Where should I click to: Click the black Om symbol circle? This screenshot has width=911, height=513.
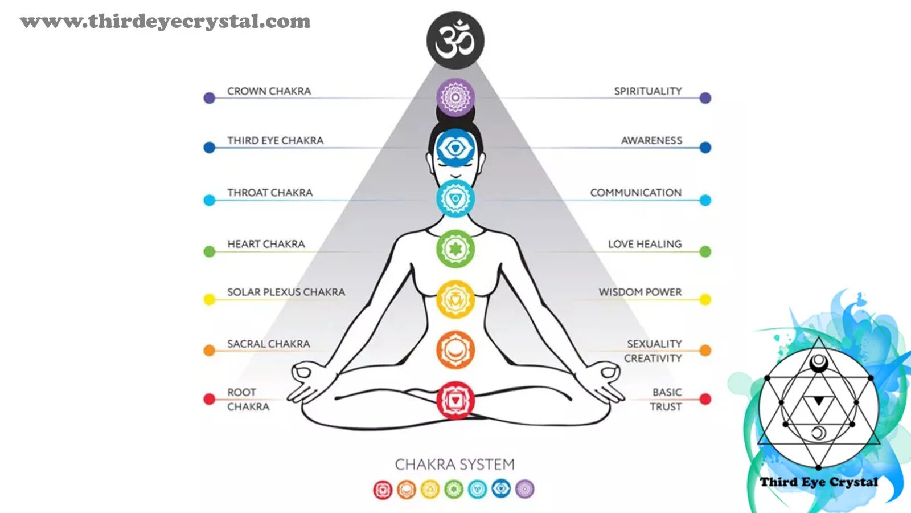point(455,40)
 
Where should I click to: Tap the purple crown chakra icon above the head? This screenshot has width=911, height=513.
point(455,97)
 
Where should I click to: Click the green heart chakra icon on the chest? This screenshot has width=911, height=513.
point(455,249)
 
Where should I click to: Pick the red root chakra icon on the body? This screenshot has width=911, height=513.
point(455,400)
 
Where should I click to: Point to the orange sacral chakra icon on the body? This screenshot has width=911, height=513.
point(455,350)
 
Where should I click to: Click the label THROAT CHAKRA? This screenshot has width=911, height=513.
point(270,193)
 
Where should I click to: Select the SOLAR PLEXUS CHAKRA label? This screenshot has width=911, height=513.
point(286,292)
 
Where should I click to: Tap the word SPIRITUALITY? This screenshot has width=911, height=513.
point(647,91)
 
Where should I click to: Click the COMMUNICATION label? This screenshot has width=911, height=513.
point(635,193)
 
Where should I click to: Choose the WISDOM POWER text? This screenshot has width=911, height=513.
point(640,292)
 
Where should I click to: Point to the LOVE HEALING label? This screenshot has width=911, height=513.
point(645,244)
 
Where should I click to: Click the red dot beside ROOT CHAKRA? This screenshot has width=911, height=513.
point(210,399)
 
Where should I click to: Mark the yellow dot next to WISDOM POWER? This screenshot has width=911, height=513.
point(705,299)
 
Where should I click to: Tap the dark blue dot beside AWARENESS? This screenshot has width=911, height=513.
point(705,148)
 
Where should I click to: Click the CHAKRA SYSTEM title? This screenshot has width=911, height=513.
point(454,465)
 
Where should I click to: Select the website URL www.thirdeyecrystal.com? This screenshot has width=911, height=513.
point(165,22)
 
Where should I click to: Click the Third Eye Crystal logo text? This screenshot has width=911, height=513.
point(818,482)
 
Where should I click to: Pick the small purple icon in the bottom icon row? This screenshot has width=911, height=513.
point(525,489)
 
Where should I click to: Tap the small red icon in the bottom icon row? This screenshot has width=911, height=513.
point(383,489)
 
